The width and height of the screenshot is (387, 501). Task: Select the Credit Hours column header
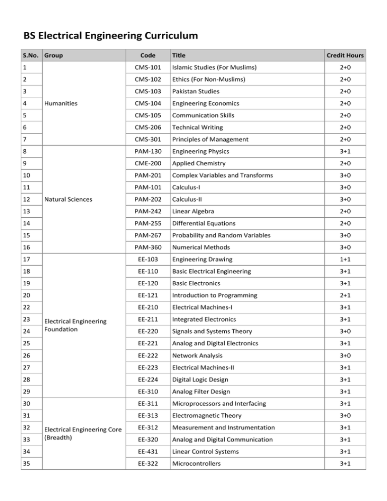[x=345, y=55]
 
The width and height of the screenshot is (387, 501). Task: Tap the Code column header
[x=148, y=55]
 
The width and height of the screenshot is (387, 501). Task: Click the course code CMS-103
[x=148, y=92]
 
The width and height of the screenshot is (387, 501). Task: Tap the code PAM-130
[x=148, y=151]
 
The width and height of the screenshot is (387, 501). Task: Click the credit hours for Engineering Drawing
[x=345, y=259]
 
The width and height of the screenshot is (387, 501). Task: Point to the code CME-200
[x=148, y=163]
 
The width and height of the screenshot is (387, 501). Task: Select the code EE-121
[x=148, y=295]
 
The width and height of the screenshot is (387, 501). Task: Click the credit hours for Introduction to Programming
[x=345, y=295]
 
